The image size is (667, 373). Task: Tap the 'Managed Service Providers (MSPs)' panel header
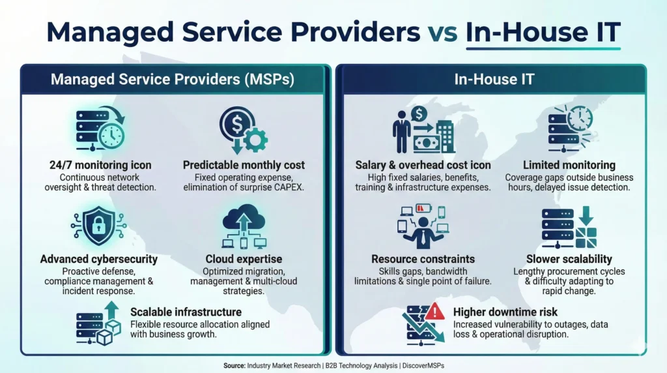[x=173, y=80]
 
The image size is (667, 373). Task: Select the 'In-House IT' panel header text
[x=494, y=80]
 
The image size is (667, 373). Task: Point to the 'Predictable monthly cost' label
[x=244, y=165]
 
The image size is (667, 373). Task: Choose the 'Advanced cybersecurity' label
[x=99, y=260]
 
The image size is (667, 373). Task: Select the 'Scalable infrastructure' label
[x=186, y=312]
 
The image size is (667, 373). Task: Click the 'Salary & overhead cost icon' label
[x=423, y=165]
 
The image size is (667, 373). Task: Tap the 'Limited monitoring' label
[x=569, y=165]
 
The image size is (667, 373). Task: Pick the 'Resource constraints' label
[x=423, y=259]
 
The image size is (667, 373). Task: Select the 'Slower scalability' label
[x=569, y=259]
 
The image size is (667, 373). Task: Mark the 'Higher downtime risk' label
[x=505, y=312]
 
